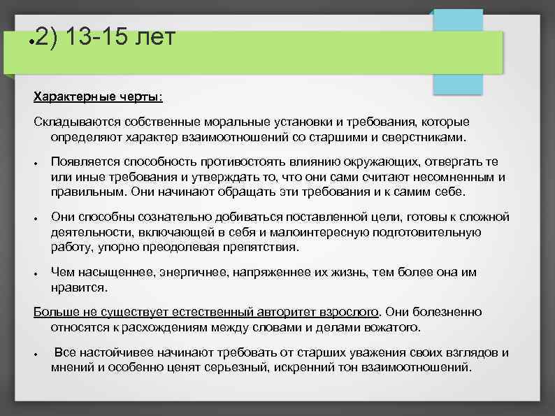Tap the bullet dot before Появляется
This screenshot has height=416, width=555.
click(36, 164)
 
